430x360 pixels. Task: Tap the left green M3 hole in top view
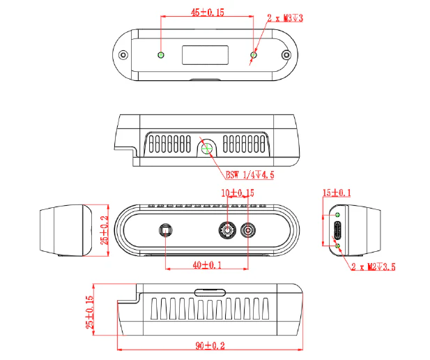162,55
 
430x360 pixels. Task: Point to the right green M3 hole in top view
254,54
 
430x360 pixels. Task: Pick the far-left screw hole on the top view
124,55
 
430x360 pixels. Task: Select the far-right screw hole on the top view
285,55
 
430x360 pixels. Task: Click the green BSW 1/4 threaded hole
207,147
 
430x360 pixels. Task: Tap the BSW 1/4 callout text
249,175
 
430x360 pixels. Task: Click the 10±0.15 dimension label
237,193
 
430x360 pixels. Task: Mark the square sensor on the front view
165,230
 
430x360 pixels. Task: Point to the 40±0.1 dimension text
206,265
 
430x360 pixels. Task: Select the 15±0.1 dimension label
336,193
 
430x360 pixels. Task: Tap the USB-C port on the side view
338,230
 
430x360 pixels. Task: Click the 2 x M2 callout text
373,267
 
